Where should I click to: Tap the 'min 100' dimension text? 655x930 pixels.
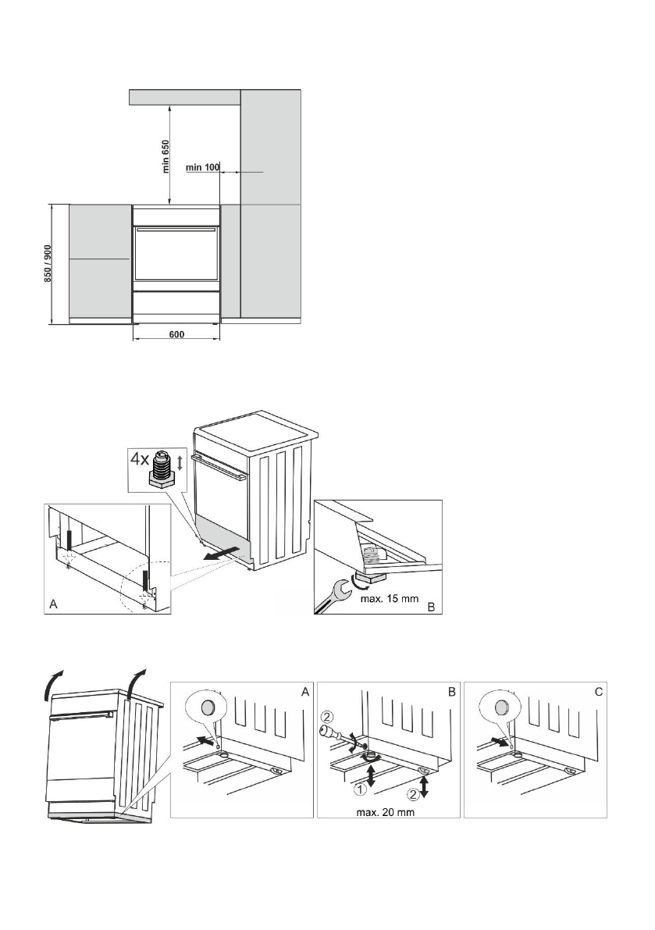(x=203, y=167)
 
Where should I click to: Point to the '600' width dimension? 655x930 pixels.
(x=176, y=334)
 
